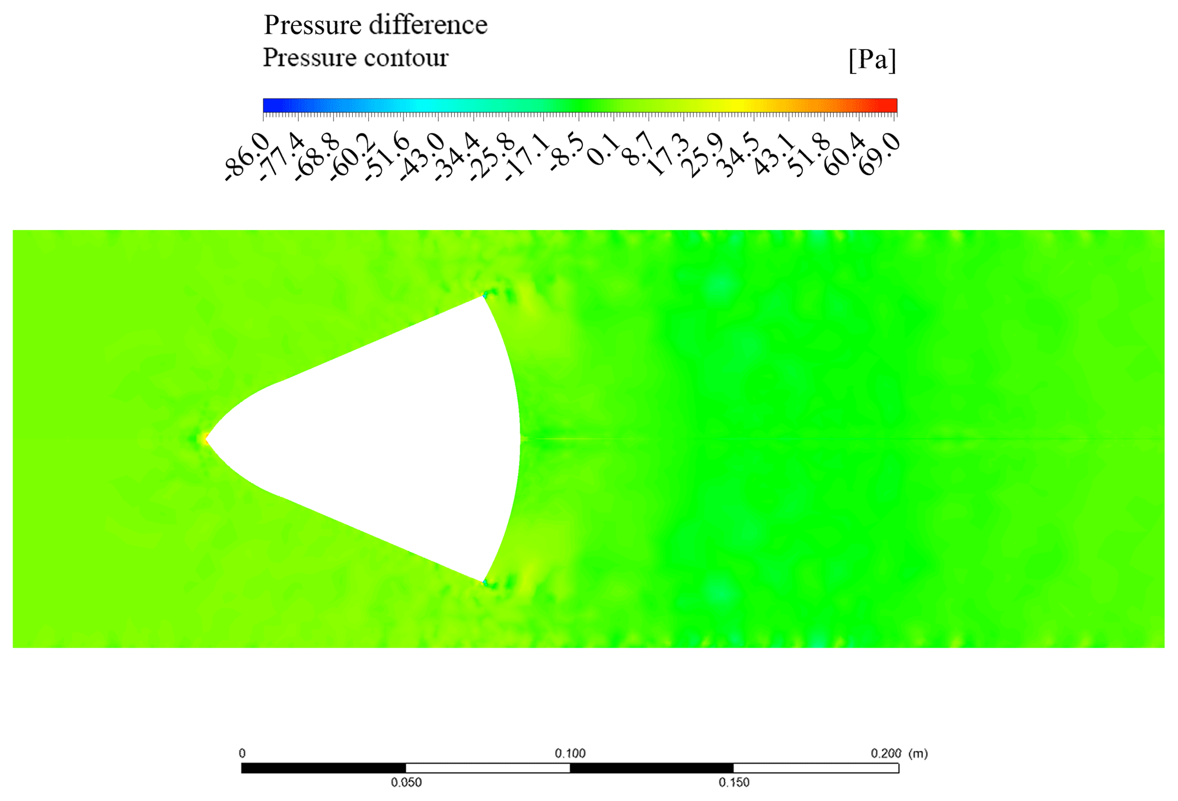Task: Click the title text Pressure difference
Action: click(x=375, y=25)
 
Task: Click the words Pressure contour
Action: click(x=356, y=58)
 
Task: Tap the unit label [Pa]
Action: click(x=872, y=59)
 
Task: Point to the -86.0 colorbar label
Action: click(x=246, y=157)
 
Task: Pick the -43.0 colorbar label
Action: click(x=421, y=157)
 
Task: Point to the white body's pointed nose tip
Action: click(x=206, y=439)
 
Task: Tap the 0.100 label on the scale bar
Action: click(x=570, y=753)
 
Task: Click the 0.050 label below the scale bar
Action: click(x=406, y=783)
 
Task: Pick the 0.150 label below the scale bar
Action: click(x=733, y=783)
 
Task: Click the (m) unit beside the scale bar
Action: click(x=918, y=753)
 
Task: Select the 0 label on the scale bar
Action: click(x=242, y=753)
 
